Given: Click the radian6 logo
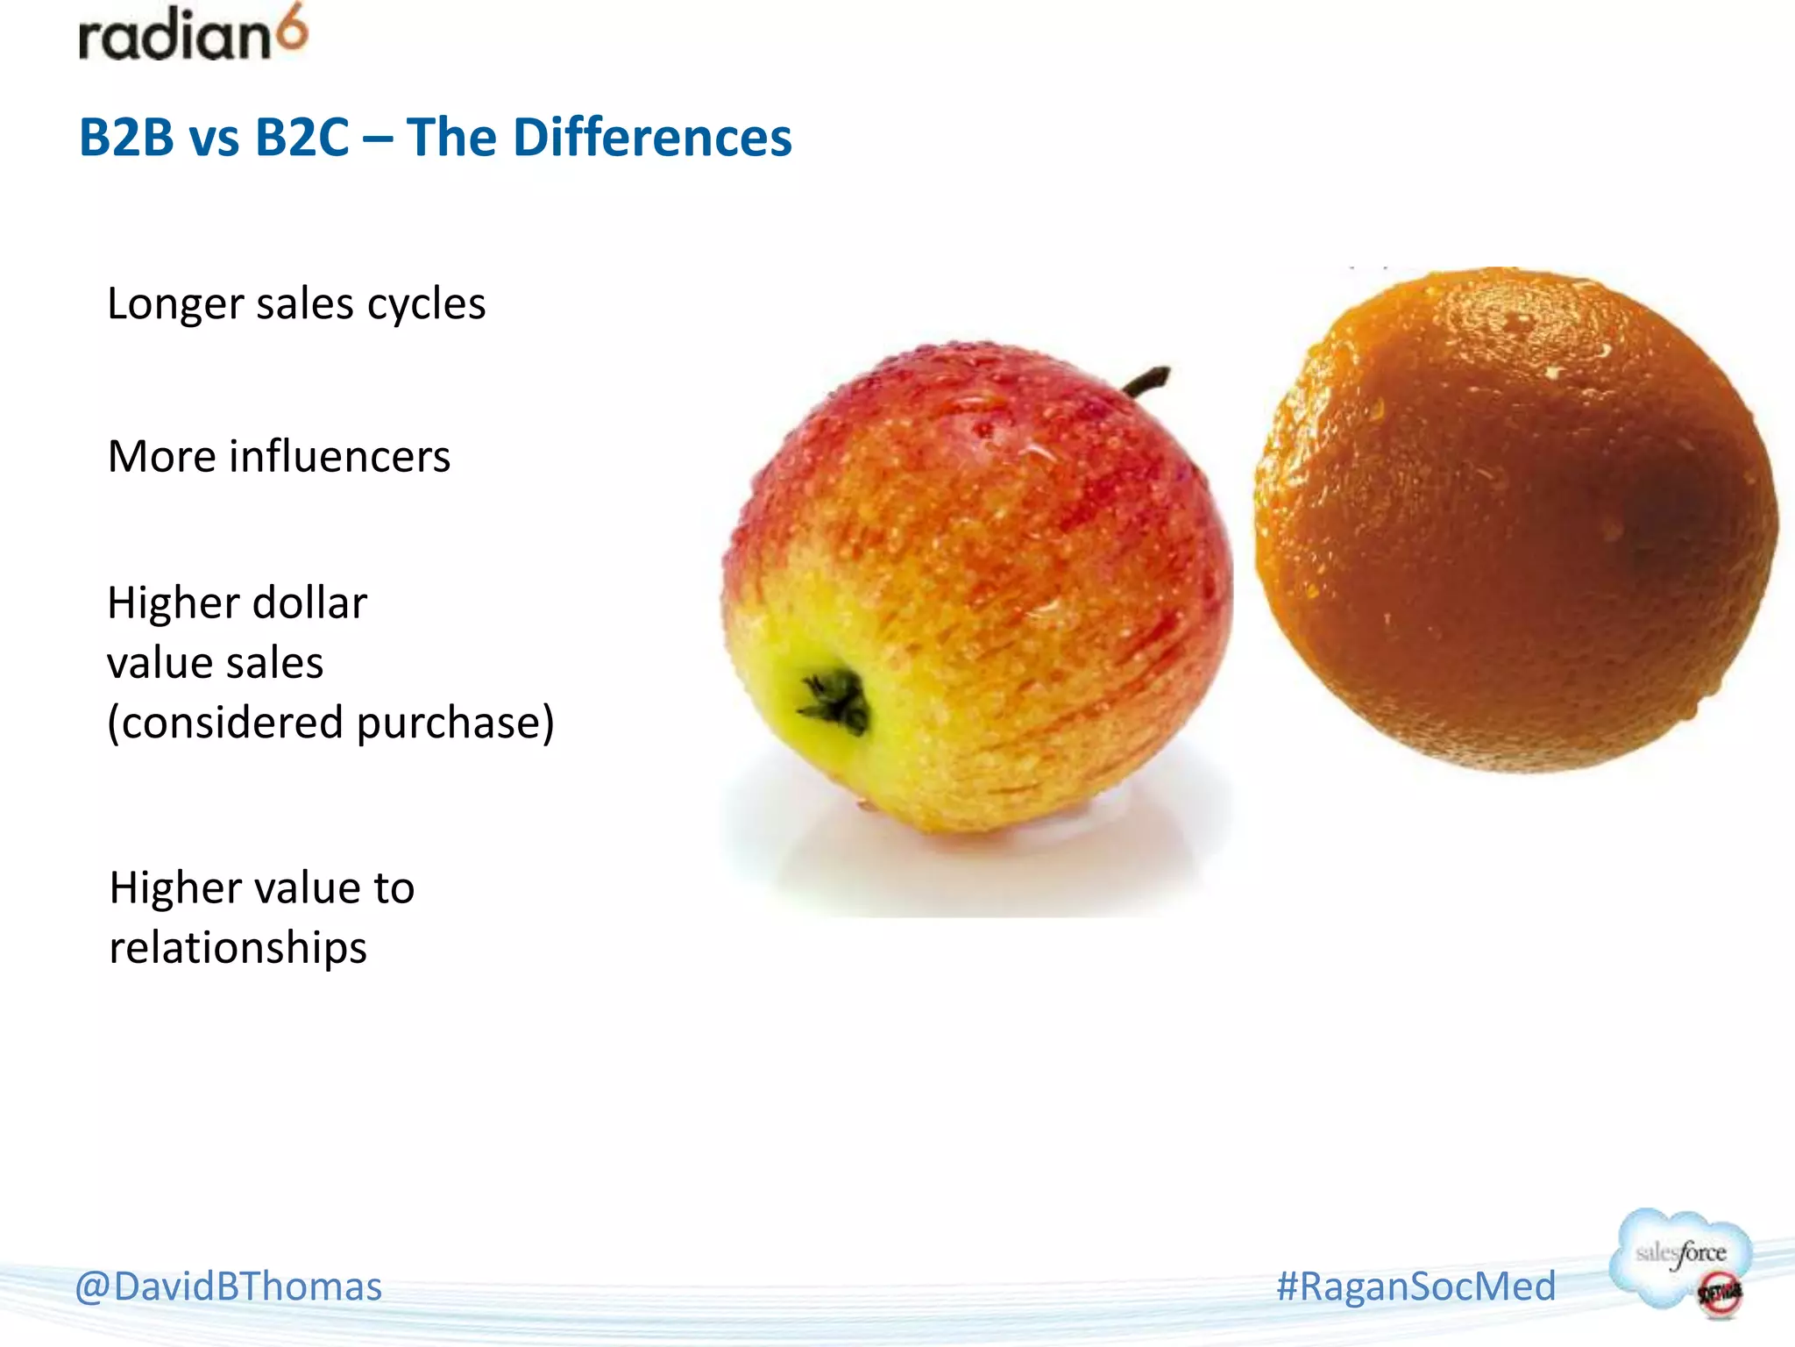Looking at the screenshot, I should pyautogui.click(x=193, y=35).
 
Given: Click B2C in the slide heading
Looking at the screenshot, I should pyautogui.click(x=302, y=138).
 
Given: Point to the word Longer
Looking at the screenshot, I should pyautogui.click(x=174, y=305).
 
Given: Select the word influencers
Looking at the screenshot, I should pyautogui.click(x=340, y=457).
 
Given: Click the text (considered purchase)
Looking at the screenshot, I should pyautogui.click(x=330, y=723).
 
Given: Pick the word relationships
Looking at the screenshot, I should pyautogui.click(x=238, y=948).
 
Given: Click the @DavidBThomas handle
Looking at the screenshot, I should pyautogui.click(x=229, y=1286).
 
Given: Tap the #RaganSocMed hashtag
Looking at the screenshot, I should pyautogui.click(x=1415, y=1286).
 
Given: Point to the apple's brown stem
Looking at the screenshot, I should pyautogui.click(x=1148, y=381).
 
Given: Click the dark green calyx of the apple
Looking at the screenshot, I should pyautogui.click(x=835, y=701).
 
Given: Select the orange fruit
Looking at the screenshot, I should pyautogui.click(x=1516, y=517).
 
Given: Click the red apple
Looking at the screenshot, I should pyautogui.click(x=977, y=588).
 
